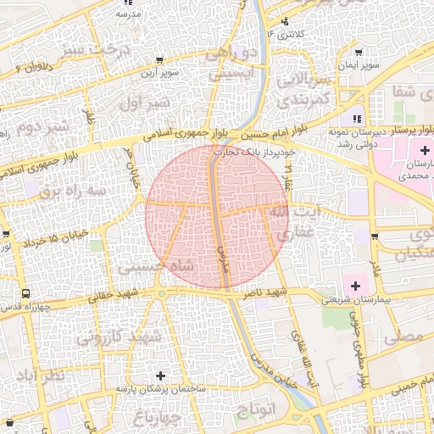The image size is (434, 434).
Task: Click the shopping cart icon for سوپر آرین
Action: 159,60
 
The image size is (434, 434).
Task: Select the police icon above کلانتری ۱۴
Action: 285,21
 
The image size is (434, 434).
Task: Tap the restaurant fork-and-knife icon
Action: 358,119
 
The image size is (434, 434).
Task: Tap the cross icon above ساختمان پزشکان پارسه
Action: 160,375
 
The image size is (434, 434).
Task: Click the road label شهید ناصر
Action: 266,292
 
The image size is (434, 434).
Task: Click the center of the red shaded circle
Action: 217,216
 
